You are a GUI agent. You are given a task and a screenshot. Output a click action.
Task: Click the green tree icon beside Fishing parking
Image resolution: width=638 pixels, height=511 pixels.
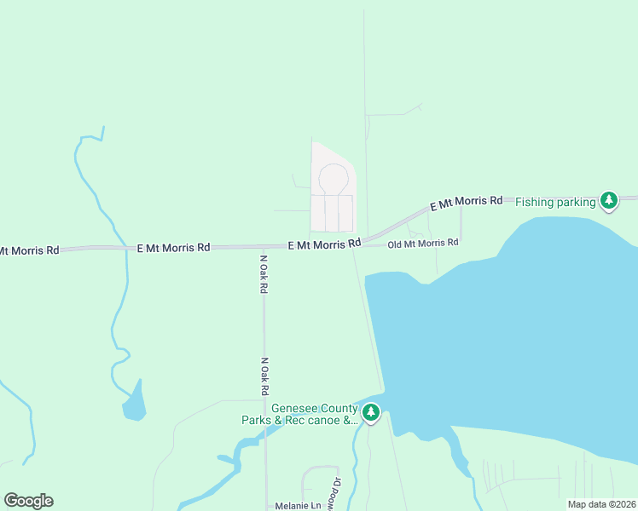[608, 201]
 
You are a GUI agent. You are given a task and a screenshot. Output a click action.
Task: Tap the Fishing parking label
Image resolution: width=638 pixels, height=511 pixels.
[555, 202]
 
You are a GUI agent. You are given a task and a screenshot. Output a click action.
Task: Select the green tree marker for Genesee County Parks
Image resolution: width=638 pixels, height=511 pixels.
[370, 413]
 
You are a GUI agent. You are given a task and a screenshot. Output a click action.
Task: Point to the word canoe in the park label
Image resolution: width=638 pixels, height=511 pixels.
[325, 420]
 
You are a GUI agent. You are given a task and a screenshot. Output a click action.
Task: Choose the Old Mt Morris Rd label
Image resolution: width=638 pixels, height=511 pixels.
[423, 243]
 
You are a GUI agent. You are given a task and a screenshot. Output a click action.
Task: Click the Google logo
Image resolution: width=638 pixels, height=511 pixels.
[28, 501]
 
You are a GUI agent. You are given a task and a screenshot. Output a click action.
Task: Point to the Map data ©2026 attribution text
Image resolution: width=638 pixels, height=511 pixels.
[601, 504]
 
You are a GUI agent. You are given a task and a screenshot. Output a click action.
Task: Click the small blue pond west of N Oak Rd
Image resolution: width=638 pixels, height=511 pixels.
[134, 403]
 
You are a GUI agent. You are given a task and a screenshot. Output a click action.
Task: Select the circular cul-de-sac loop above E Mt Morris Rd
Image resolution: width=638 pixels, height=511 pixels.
[333, 179]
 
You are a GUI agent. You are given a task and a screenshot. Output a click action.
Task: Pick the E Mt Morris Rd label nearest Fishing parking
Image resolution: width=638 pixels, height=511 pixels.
[466, 202]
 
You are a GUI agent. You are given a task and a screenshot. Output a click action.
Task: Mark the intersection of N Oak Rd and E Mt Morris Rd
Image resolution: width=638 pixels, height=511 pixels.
[264, 247]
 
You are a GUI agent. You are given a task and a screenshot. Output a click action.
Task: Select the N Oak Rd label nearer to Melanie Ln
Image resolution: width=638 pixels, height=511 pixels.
[265, 376]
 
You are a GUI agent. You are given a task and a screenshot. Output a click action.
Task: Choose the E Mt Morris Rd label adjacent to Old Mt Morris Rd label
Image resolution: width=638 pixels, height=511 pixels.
[323, 244]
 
